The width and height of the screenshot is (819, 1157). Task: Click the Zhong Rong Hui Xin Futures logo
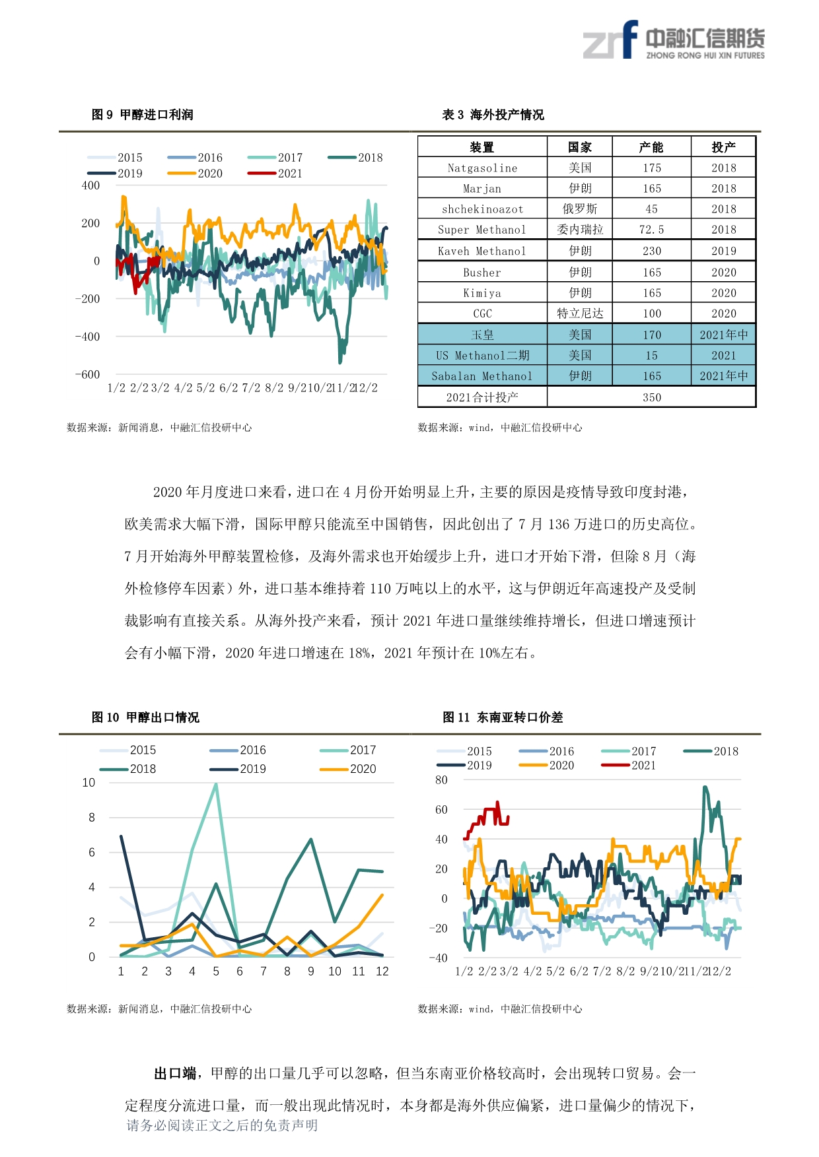tap(673, 41)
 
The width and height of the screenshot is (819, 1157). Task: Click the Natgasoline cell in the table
tap(482, 168)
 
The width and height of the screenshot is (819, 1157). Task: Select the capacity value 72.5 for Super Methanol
tap(651, 230)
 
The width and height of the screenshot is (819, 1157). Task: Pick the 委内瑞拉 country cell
tap(580, 230)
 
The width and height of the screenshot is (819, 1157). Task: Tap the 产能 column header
tap(651, 147)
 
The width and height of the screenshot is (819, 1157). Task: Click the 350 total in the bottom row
tap(651, 397)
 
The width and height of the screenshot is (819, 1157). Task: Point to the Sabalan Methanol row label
tap(482, 376)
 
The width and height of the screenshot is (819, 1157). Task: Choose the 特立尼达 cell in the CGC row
tap(580, 314)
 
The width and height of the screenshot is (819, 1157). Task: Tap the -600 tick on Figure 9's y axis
tap(88, 374)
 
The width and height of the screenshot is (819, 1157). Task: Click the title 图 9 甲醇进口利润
tap(143, 115)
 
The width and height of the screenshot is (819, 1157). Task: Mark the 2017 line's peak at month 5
tap(216, 784)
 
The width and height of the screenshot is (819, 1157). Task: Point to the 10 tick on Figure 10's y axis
tap(89, 783)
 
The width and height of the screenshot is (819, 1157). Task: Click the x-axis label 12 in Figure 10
tap(382, 972)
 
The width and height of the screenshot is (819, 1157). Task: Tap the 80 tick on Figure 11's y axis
tap(441, 780)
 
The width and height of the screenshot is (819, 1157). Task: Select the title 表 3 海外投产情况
tap(493, 115)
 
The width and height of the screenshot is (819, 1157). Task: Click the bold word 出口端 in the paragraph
tap(175, 1074)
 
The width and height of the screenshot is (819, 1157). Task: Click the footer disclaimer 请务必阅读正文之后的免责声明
tap(222, 1125)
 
